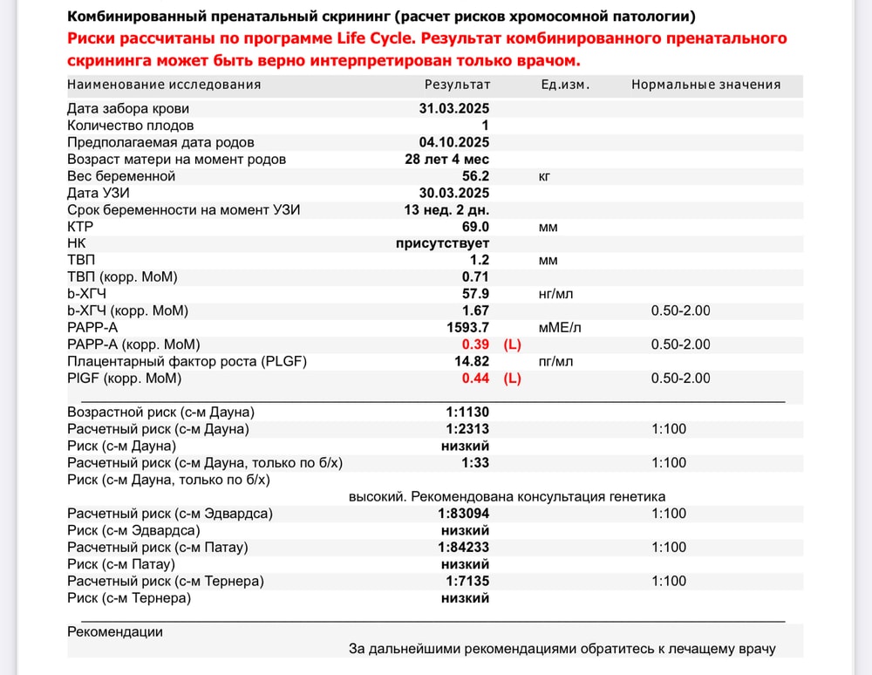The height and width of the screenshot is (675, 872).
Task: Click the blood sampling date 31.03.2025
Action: click(x=454, y=109)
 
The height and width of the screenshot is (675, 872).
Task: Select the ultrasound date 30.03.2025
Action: click(x=454, y=193)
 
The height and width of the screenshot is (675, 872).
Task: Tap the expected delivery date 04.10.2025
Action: click(x=454, y=142)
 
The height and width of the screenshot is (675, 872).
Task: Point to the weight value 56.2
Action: click(x=475, y=176)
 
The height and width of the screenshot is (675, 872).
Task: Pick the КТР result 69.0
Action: click(x=475, y=227)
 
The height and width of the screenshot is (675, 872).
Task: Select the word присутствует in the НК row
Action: click(x=442, y=243)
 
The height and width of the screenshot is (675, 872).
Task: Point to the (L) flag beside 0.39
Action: click(x=513, y=344)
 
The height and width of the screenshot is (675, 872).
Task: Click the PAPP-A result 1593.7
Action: click(x=467, y=328)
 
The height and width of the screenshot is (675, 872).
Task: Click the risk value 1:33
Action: click(x=475, y=462)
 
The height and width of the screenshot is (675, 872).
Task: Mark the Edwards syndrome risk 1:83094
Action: click(x=463, y=514)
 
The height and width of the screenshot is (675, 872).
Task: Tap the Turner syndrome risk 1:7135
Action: click(x=467, y=581)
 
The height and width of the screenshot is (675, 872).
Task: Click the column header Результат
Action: click(x=457, y=85)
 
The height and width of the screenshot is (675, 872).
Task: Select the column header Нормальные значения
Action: click(x=705, y=85)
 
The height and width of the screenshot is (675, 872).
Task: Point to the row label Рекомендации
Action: click(x=114, y=631)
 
